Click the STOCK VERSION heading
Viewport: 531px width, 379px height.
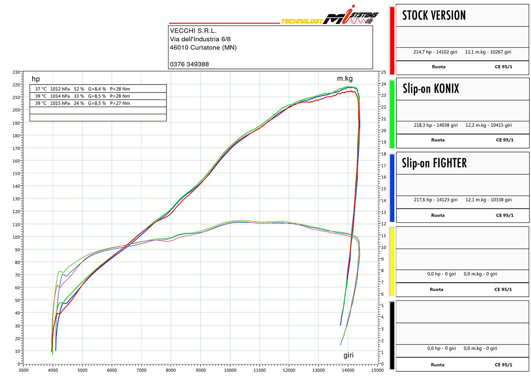[x=434, y=16]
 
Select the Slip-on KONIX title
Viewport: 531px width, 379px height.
[x=431, y=89]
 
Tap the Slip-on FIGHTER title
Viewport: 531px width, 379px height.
[x=434, y=163]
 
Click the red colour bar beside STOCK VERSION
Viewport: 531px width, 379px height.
[x=392, y=41]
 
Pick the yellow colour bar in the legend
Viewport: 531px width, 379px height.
[x=392, y=261]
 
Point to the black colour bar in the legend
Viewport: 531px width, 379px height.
[x=392, y=335]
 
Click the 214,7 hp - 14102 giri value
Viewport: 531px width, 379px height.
[x=435, y=52]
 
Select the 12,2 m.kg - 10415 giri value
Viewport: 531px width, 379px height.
[x=489, y=125]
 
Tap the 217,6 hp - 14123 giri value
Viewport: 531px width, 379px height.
[x=435, y=200]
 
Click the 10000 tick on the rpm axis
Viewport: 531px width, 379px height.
[x=230, y=370]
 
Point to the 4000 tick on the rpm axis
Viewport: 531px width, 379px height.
[x=53, y=370]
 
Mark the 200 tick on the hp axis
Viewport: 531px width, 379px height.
[x=16, y=110]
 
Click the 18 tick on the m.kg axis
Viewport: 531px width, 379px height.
[x=384, y=154]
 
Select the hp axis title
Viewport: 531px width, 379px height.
[x=36, y=79]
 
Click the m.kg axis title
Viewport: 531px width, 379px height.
[x=345, y=78]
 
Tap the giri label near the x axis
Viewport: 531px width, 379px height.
[x=348, y=355]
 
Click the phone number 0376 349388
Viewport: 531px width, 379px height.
[x=189, y=64]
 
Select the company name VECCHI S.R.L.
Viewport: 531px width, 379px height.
[x=193, y=31]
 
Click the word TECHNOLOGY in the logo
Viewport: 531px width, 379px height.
[x=302, y=21]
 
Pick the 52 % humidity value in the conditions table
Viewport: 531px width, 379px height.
[x=79, y=89]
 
